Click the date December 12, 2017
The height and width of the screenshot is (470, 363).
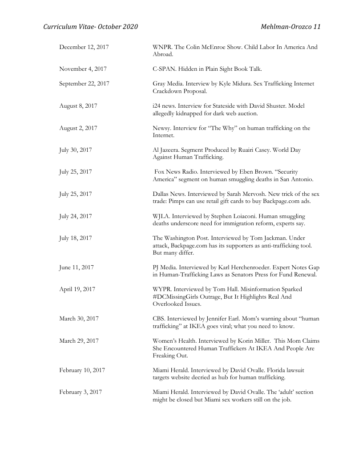pos(84,47)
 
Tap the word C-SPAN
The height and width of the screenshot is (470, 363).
pos(163,69)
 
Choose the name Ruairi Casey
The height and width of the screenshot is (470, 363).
pos(258,150)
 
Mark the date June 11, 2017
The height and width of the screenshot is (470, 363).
pos(76,267)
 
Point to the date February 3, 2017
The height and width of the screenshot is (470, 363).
pos(81,392)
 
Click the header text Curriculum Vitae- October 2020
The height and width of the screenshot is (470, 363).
pos(90,27)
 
